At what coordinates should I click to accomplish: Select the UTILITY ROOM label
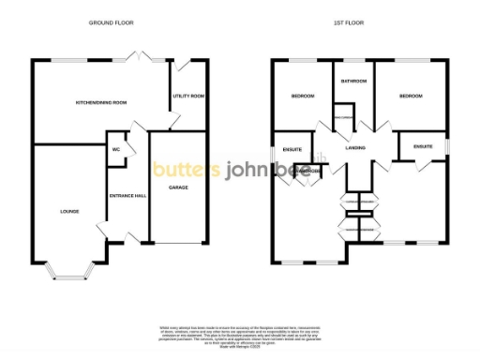pyautogui.click(x=188, y=96)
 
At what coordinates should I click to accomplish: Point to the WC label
pyautogui.click(x=117, y=149)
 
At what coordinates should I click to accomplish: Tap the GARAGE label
pyautogui.click(x=178, y=187)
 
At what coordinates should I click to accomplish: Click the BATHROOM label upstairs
pyautogui.click(x=352, y=82)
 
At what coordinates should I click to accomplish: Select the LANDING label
pyautogui.click(x=354, y=147)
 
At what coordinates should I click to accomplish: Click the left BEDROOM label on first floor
pyautogui.click(x=302, y=96)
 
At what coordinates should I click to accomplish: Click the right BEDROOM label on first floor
pyautogui.click(x=410, y=96)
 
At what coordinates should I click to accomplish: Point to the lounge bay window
pyautogui.click(x=70, y=274)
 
